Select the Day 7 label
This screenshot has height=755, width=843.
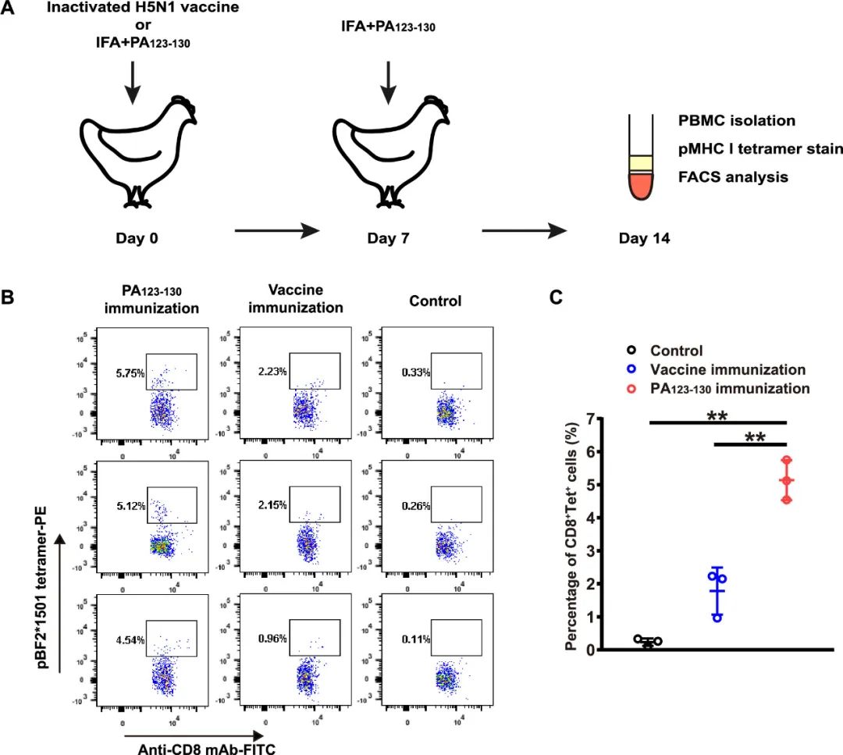(388, 238)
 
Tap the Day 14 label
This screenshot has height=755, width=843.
(644, 238)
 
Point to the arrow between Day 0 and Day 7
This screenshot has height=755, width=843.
(278, 231)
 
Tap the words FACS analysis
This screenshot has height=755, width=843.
(734, 177)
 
